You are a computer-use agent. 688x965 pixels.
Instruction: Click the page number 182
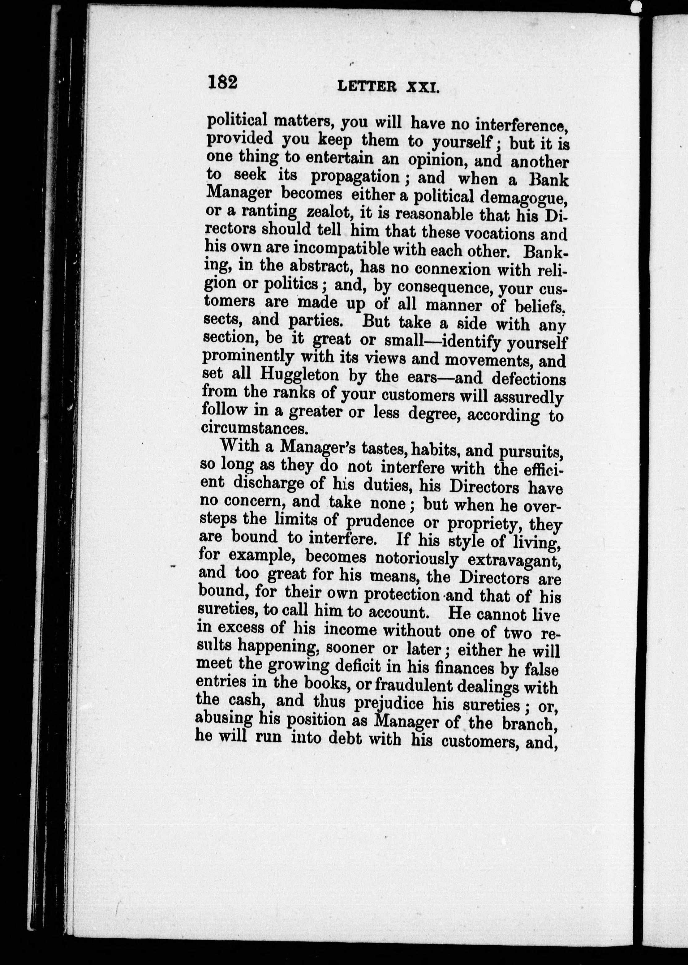point(222,81)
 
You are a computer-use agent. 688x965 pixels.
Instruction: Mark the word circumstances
point(253,428)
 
